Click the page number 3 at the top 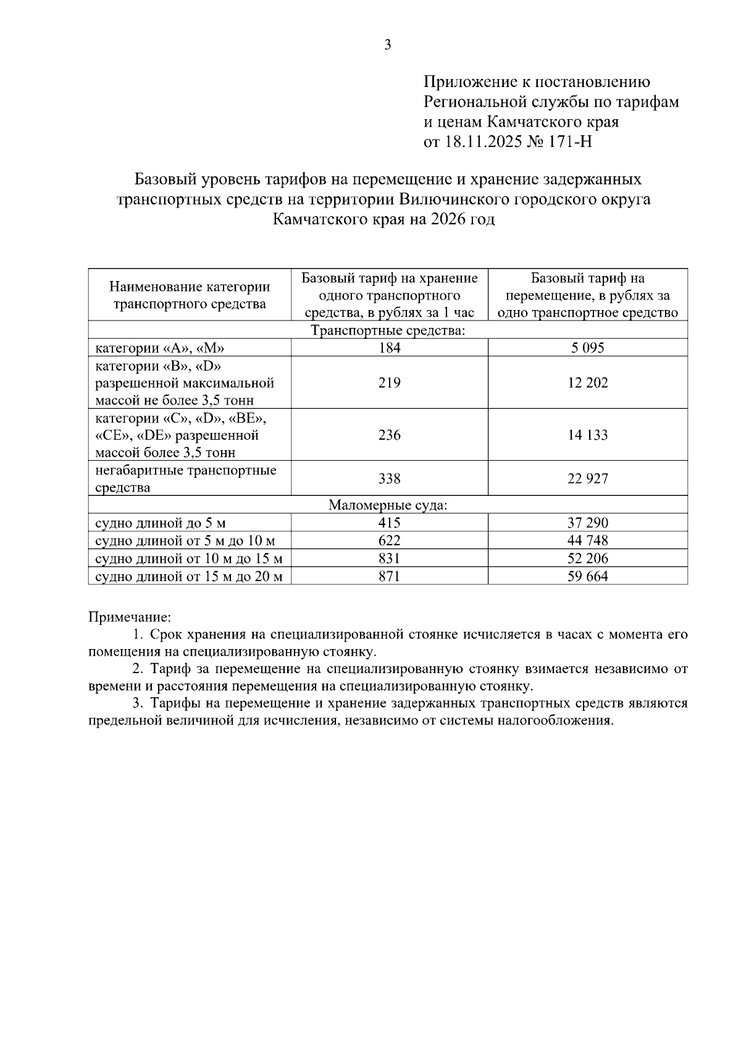(388, 45)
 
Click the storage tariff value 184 (390, 348)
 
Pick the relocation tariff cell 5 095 (587, 348)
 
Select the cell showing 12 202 (587, 383)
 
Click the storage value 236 (390, 435)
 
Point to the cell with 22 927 (587, 479)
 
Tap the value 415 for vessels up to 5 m (390, 522)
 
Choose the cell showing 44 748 (587, 540)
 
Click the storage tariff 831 (390, 558)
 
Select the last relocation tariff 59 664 (587, 576)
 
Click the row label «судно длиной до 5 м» (161, 523)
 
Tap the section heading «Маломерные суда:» (388, 505)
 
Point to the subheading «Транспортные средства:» (388, 330)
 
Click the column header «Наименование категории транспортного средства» (190, 295)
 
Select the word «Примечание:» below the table (130, 617)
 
